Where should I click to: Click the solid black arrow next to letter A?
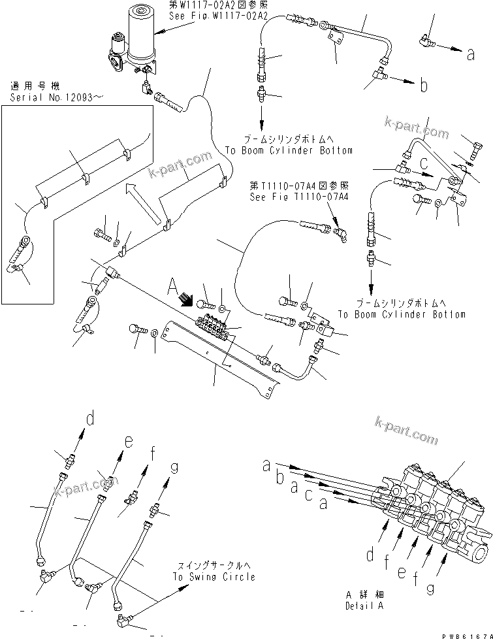point(188,301)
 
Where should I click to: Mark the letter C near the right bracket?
point(423,161)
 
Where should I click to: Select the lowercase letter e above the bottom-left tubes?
point(129,442)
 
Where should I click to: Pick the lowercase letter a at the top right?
point(470,56)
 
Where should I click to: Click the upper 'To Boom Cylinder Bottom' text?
point(289,150)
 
